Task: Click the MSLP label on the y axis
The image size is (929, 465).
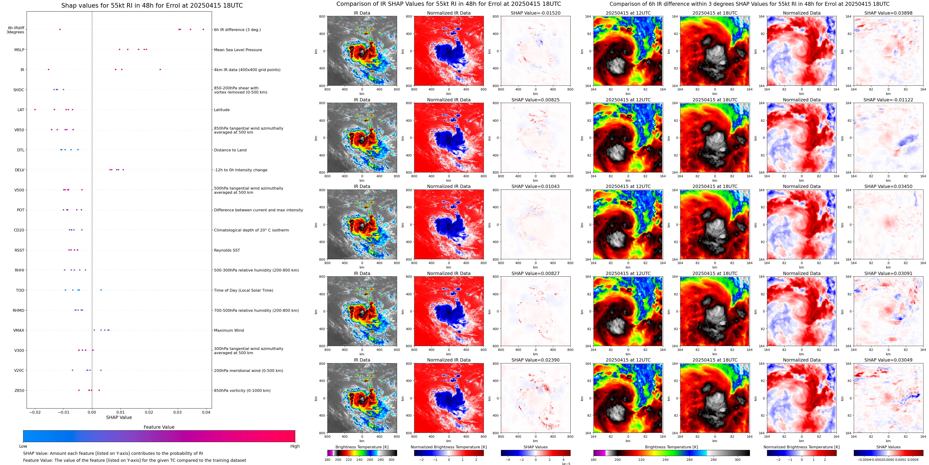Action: [19, 50]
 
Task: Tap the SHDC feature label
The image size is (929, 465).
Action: [19, 90]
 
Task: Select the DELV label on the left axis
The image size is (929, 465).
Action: [19, 170]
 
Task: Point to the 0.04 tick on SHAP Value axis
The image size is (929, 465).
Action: [206, 412]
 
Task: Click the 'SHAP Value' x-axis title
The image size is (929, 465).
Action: [119, 417]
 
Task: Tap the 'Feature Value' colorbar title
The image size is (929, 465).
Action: [159, 427]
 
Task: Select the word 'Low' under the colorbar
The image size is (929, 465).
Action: [23, 446]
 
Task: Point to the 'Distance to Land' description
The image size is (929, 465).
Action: [230, 150]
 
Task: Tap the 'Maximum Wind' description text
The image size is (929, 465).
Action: [229, 331]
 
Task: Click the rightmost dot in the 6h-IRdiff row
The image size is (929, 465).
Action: [203, 30]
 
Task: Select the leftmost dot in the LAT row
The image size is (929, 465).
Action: [35, 110]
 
